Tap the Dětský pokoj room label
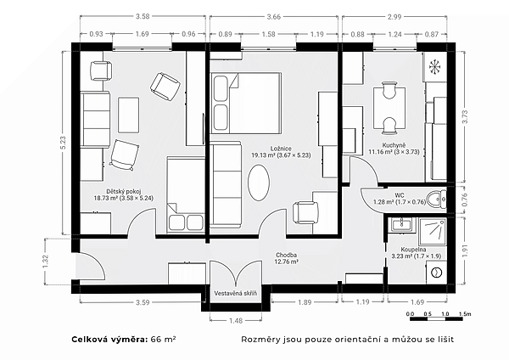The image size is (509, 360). click(124, 191)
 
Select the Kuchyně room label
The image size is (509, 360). click(394, 145)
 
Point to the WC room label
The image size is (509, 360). click(400, 195)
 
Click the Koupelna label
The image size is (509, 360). click(413, 250)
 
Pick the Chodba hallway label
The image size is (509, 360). click(287, 255)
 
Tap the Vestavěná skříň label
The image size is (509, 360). click(235, 293)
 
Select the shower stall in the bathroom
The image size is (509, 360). click(433, 232)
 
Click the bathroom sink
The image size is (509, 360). click(402, 225)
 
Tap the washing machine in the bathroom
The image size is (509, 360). click(437, 273)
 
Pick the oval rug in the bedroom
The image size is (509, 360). click(259, 183)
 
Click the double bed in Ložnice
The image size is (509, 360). click(246, 103)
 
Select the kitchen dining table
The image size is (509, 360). click(389, 108)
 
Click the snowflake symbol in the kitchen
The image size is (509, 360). click(435, 66)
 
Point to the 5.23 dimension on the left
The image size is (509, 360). click(63, 143)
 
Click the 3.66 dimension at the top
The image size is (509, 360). click(273, 17)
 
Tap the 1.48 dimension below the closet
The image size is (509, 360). click(236, 321)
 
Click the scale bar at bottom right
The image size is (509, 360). click(436, 318)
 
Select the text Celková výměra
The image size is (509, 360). click(109, 340)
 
